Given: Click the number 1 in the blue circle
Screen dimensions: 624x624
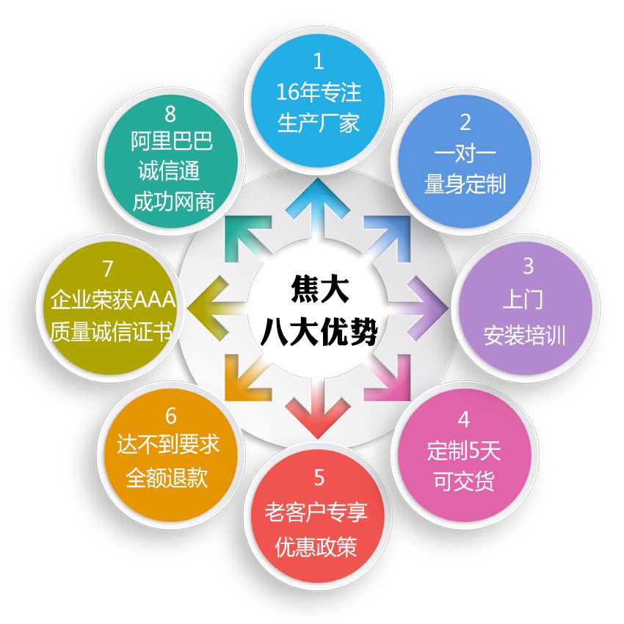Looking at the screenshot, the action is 318,61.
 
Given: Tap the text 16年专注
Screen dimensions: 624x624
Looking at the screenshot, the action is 319,92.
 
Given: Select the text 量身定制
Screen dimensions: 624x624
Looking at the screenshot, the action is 465,184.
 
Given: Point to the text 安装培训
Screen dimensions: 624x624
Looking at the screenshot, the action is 524,336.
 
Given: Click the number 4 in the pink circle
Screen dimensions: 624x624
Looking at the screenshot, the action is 463,419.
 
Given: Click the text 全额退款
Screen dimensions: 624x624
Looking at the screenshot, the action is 167,479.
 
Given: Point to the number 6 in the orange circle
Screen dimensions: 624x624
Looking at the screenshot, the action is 170,416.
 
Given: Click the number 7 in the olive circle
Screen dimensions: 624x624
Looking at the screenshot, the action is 108,268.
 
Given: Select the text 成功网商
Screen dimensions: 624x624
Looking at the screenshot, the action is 173,202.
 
